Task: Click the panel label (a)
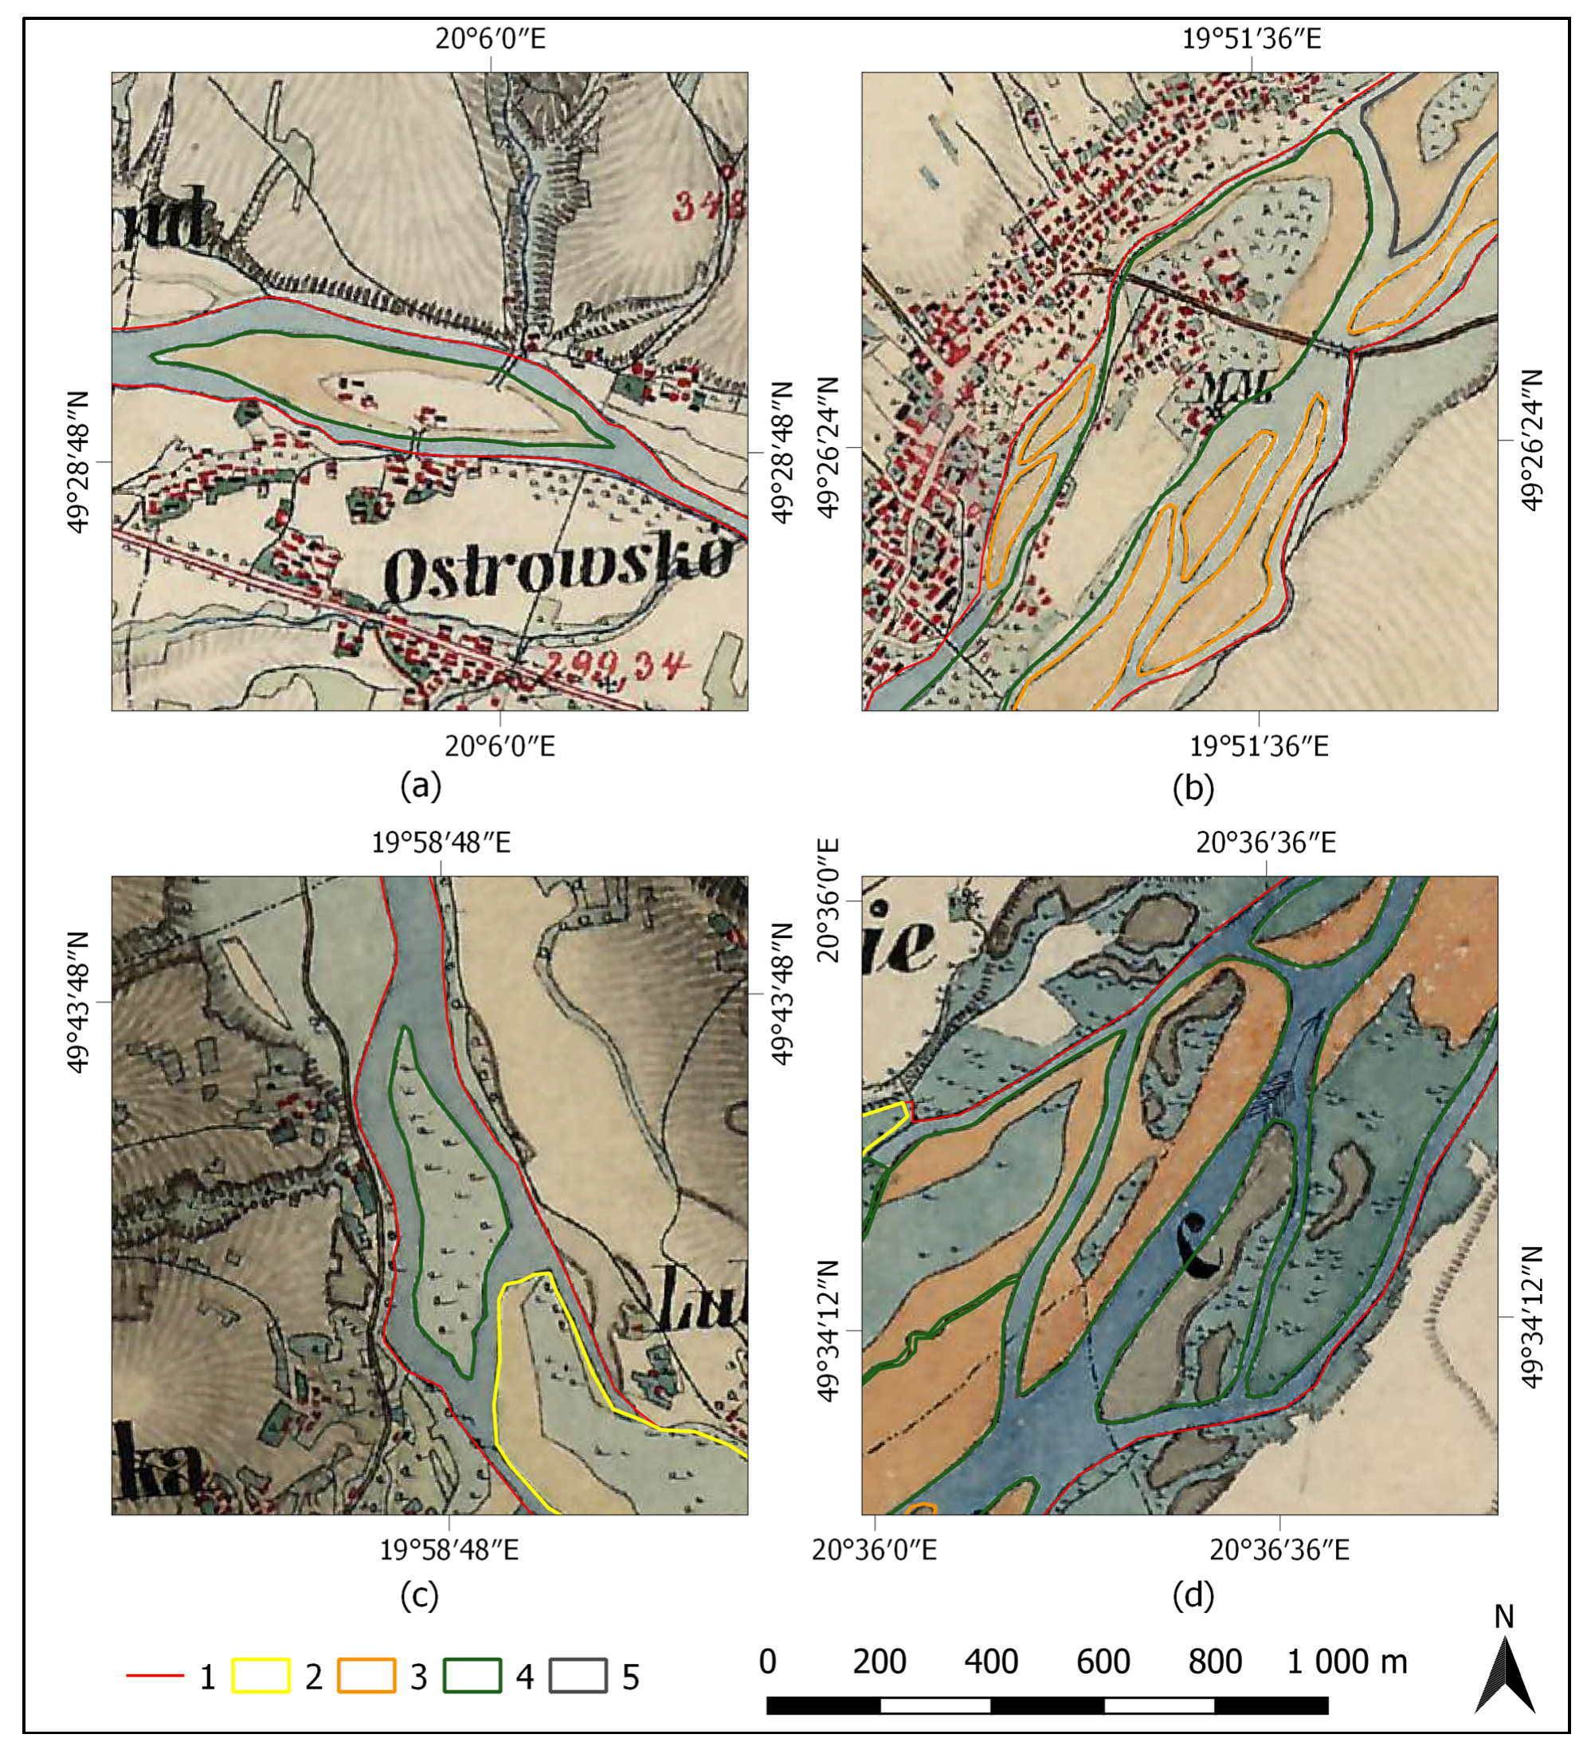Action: click(421, 786)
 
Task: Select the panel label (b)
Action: click(1193, 787)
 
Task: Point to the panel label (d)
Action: click(1193, 1595)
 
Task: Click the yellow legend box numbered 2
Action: click(261, 1676)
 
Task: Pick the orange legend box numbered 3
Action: click(366, 1676)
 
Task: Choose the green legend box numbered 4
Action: click(472, 1676)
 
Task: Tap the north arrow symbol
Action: click(1504, 1674)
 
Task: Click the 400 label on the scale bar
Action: click(990, 1662)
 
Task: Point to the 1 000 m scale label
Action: click(1346, 1662)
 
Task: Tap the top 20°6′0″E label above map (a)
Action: click(491, 39)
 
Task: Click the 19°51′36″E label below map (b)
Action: click(1258, 746)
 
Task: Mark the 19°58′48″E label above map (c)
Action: click(441, 843)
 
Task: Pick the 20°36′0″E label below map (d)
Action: click(874, 1550)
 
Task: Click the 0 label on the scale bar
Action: click(767, 1662)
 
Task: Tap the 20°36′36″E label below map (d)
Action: click(1279, 1550)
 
